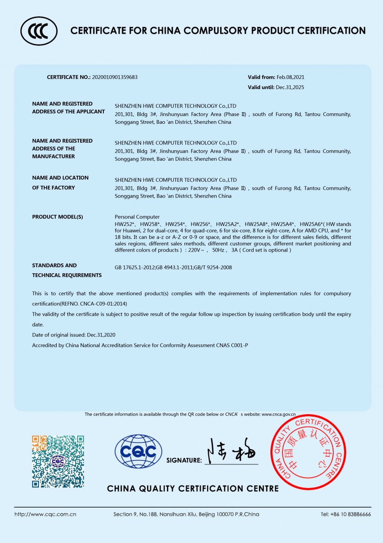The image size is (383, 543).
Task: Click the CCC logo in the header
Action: (x=39, y=31)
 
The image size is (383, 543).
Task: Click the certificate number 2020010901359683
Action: (x=115, y=77)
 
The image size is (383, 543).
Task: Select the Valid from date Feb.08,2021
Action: (x=291, y=77)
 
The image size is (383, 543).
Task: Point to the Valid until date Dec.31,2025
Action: (x=290, y=87)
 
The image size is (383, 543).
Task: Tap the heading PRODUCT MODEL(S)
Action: (x=57, y=217)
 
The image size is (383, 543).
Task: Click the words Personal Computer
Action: (x=137, y=217)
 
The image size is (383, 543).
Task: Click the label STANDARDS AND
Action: (x=54, y=265)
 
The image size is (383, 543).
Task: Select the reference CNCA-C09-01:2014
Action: (x=103, y=304)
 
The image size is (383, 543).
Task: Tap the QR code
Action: (x=58, y=461)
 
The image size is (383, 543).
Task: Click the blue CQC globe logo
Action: (x=138, y=451)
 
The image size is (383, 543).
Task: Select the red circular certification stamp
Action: (x=308, y=452)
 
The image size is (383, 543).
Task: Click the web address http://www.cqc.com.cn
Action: (x=46, y=514)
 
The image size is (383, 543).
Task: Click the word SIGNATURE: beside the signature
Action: (x=184, y=460)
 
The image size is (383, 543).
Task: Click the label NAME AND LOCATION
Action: (x=60, y=178)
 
